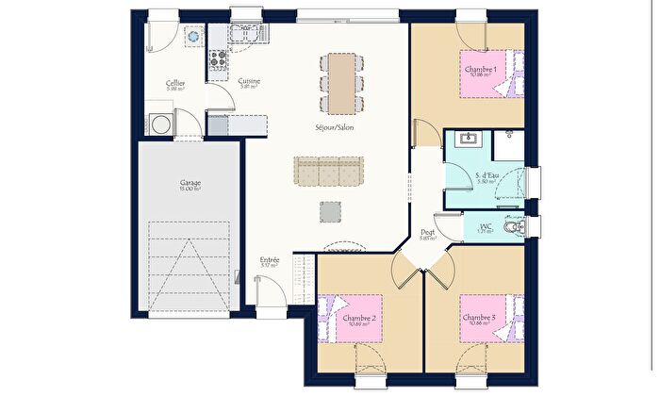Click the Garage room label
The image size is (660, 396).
click(190, 183)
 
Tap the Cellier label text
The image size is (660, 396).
click(174, 83)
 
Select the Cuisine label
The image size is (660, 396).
click(249, 81)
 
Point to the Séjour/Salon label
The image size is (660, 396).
click(335, 127)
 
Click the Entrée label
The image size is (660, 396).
click(270, 259)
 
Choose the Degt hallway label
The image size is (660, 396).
click(427, 233)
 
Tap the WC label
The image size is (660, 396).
click(487, 226)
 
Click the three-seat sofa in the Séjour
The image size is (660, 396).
click(329, 171)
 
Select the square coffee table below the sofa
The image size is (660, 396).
click(330, 211)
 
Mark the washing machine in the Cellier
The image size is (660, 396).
click(158, 124)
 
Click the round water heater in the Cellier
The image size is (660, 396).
click(194, 36)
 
